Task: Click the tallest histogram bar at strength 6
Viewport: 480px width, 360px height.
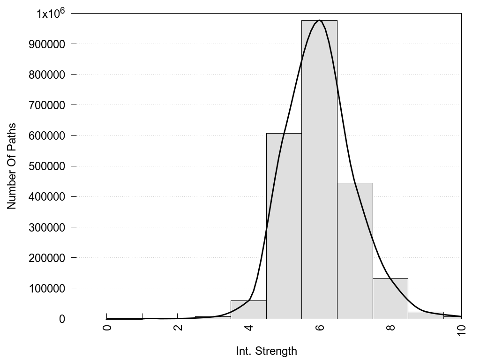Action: pyautogui.click(x=319, y=169)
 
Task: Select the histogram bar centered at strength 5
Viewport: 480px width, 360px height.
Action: pyautogui.click(x=284, y=225)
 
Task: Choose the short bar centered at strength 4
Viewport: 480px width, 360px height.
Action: pyautogui.click(x=248, y=310)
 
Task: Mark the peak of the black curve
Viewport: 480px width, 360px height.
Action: pyautogui.click(x=319, y=20)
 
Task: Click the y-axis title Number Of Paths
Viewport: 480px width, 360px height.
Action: pyautogui.click(x=12, y=166)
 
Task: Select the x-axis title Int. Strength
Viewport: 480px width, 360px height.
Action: pyautogui.click(x=266, y=351)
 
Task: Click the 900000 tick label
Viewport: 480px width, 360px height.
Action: pyautogui.click(x=49, y=44)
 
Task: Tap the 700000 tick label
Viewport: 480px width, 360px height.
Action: pyautogui.click(x=49, y=105)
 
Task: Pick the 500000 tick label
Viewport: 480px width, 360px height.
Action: pyautogui.click(x=49, y=166)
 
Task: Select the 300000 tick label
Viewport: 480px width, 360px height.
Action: pyautogui.click(x=49, y=227)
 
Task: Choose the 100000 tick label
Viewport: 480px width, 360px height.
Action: pyautogui.click(x=49, y=288)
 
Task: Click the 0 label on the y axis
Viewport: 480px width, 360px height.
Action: pyautogui.click(x=61, y=319)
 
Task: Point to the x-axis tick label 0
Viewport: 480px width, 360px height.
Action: pyautogui.click(x=107, y=327)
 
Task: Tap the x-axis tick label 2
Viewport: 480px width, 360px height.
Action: pyautogui.click(x=178, y=327)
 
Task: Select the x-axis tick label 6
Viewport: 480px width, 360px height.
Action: pyautogui.click(x=319, y=327)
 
